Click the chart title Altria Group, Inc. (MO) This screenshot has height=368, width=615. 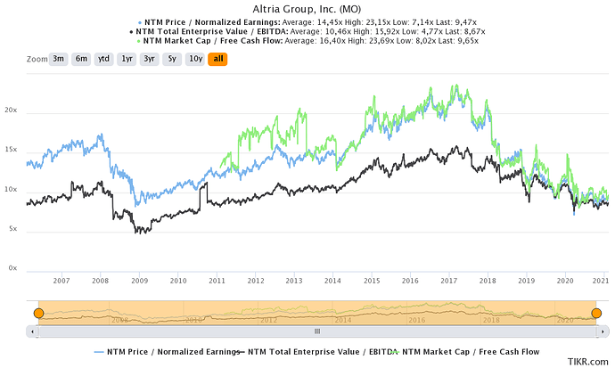pyautogui.click(x=307, y=8)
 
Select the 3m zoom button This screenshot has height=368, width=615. pyautogui.click(x=59, y=59)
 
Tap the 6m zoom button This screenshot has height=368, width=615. pyautogui.click(x=82, y=59)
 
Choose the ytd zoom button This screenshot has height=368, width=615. pyautogui.click(x=104, y=59)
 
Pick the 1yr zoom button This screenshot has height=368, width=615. pyautogui.click(x=127, y=59)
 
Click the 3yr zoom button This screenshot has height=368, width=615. pyautogui.click(x=151, y=59)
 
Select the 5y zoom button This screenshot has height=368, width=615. pyautogui.click(x=172, y=59)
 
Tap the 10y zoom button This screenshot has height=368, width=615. pyautogui.click(x=194, y=59)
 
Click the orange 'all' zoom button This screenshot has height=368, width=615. pyautogui.click(x=217, y=59)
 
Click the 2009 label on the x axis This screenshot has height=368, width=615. pyautogui.click(x=139, y=282)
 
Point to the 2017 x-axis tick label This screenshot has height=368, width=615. pyautogui.click(x=448, y=282)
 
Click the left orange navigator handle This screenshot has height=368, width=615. pyautogui.click(x=38, y=313)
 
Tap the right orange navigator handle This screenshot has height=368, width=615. pyautogui.click(x=596, y=313)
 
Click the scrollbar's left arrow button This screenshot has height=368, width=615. pyautogui.click(x=35, y=331)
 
